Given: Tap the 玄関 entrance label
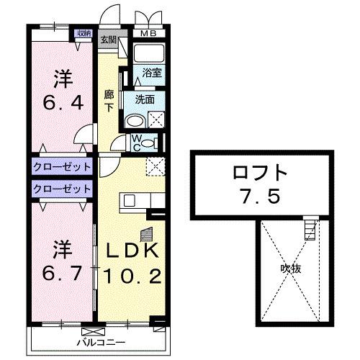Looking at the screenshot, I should [x=108, y=40].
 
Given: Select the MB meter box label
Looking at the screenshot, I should [x=148, y=32].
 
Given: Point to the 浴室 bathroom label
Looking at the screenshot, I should [x=150, y=72].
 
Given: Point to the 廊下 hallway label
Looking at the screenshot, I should [x=109, y=101].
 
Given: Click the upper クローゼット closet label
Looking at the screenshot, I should [x=62, y=167].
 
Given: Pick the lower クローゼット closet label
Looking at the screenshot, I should [x=62, y=189].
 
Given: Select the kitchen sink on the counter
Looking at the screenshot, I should [x=131, y=199].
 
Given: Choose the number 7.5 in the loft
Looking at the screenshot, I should [x=261, y=195].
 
